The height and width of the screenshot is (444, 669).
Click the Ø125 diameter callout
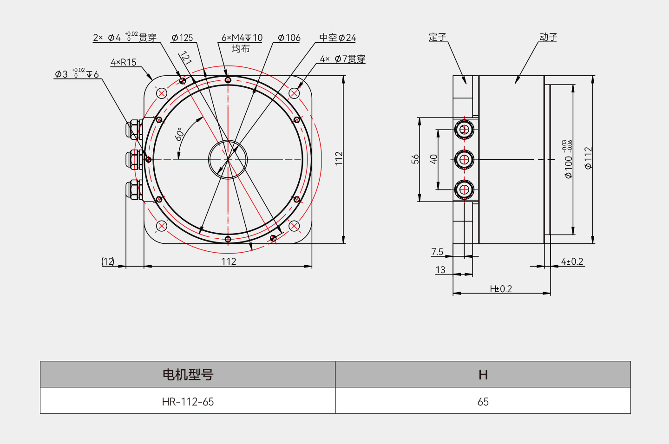pos(182,38)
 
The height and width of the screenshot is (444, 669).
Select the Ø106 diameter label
pos(289,38)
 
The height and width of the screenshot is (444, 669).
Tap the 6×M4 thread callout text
pos(242,38)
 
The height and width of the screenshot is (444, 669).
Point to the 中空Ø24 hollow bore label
pos(337,38)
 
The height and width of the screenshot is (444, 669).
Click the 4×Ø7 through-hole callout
pos(342,59)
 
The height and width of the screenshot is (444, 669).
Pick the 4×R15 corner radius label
pos(124,62)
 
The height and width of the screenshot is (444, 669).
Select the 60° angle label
pos(180,134)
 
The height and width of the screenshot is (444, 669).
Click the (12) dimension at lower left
pos(108,261)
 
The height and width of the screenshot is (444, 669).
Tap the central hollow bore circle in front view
pos(228,159)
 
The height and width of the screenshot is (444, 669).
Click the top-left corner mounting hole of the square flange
pos(162,93)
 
